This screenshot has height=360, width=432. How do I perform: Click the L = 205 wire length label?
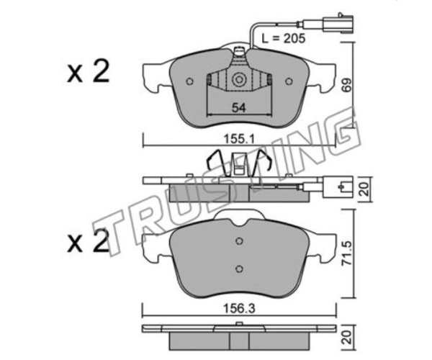283,38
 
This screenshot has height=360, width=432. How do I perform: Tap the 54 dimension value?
238,108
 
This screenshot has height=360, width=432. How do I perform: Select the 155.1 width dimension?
238,140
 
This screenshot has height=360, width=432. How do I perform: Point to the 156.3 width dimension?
239,309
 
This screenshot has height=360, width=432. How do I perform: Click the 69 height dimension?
348,85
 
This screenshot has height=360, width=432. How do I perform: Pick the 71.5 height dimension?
348,253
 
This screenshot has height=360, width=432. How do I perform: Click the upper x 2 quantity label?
88,72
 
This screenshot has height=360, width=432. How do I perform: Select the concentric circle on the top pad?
238,80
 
